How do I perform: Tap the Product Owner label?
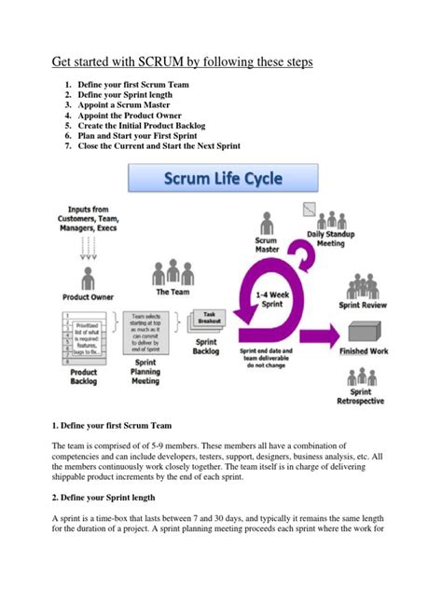click(x=89, y=296)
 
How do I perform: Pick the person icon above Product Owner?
click(x=89, y=276)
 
